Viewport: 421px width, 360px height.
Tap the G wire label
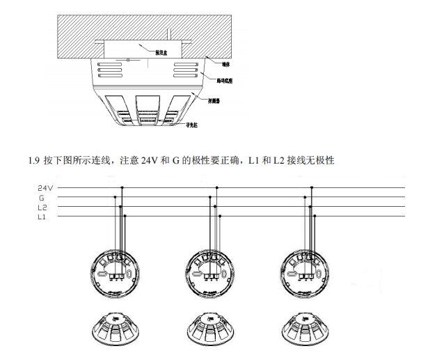pos(42,197)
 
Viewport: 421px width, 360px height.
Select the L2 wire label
pos(42,207)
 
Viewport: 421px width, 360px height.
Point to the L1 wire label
pos(42,217)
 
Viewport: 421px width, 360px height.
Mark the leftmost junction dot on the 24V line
pos(122,187)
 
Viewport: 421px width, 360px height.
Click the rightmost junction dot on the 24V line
pos(313,187)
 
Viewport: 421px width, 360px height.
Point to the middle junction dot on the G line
pos(211,197)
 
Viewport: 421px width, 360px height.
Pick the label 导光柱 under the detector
pos(191,126)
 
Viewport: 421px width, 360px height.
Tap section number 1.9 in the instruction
pos(33,161)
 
